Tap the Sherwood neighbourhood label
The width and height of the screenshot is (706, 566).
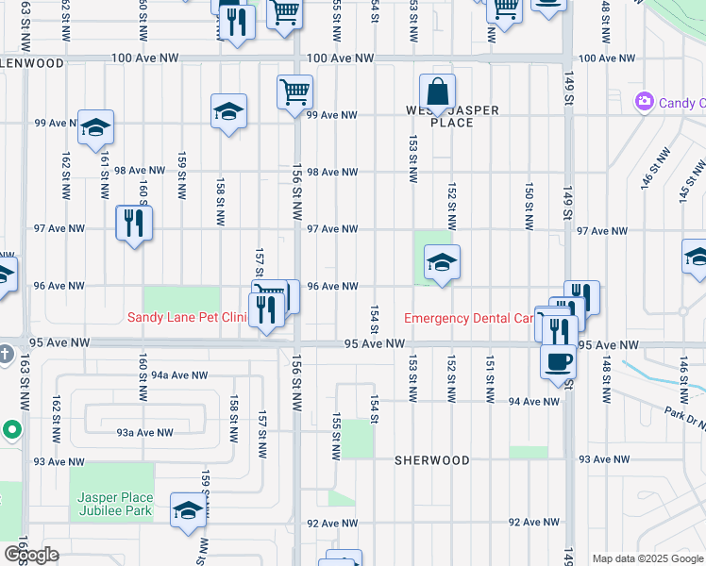click(431, 460)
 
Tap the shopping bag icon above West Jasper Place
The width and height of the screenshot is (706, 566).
click(438, 93)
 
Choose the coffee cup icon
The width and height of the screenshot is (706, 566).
click(558, 361)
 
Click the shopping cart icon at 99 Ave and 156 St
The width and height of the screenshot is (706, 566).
click(294, 92)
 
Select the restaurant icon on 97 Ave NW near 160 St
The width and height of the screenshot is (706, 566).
click(133, 224)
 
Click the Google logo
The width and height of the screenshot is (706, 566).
click(30, 555)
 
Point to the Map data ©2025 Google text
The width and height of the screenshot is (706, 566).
click(647, 558)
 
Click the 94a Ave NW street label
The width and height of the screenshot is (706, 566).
click(180, 375)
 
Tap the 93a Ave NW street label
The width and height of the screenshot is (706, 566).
click(144, 432)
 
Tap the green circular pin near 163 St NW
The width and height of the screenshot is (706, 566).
click(12, 429)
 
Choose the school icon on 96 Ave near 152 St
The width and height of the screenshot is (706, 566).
click(441, 263)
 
